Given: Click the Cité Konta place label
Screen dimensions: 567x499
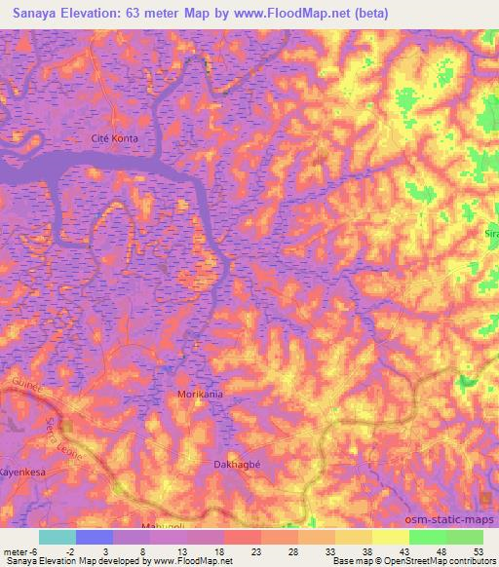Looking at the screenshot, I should coord(115,138).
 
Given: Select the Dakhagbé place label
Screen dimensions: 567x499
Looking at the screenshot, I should coord(235,465).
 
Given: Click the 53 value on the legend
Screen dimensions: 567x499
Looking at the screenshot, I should coord(478,550).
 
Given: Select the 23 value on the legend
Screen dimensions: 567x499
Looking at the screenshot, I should coord(256,550).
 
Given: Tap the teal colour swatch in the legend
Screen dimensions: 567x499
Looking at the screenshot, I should coord(58,537).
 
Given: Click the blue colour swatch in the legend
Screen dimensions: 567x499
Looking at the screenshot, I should coord(95,537).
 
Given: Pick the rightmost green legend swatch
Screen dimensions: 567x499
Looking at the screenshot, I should coord(465,537).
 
